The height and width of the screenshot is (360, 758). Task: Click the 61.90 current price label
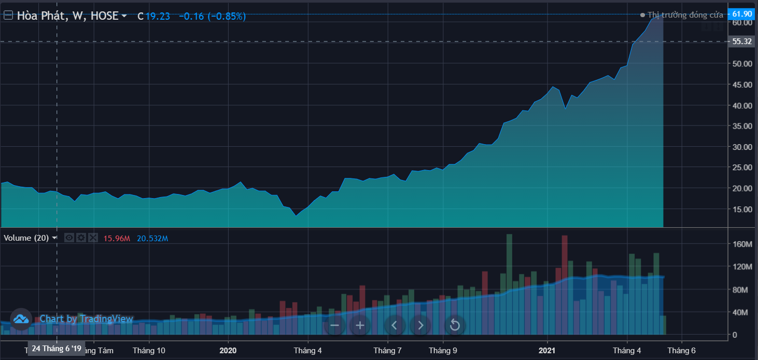tap(742, 14)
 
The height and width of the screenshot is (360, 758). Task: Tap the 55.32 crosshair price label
tap(742, 41)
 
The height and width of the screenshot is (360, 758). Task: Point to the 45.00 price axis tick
tap(741, 85)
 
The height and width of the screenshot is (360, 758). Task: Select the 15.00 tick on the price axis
tap(741, 209)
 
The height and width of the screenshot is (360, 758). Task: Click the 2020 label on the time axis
tap(228, 350)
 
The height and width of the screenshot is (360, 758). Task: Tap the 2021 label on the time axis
tap(547, 350)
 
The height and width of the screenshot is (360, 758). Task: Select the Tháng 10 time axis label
tap(149, 350)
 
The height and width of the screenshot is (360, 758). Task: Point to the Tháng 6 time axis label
tap(681, 350)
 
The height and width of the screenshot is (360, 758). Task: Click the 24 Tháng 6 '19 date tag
tap(56, 349)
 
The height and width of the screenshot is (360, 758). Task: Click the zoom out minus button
tap(334, 325)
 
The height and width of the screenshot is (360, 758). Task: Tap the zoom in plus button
tap(360, 325)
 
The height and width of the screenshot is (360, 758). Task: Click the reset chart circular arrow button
tap(455, 325)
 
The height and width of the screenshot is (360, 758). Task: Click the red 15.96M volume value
tap(117, 239)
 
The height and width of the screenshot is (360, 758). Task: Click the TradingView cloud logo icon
tap(21, 319)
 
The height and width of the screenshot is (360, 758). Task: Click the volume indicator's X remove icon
tap(93, 238)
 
